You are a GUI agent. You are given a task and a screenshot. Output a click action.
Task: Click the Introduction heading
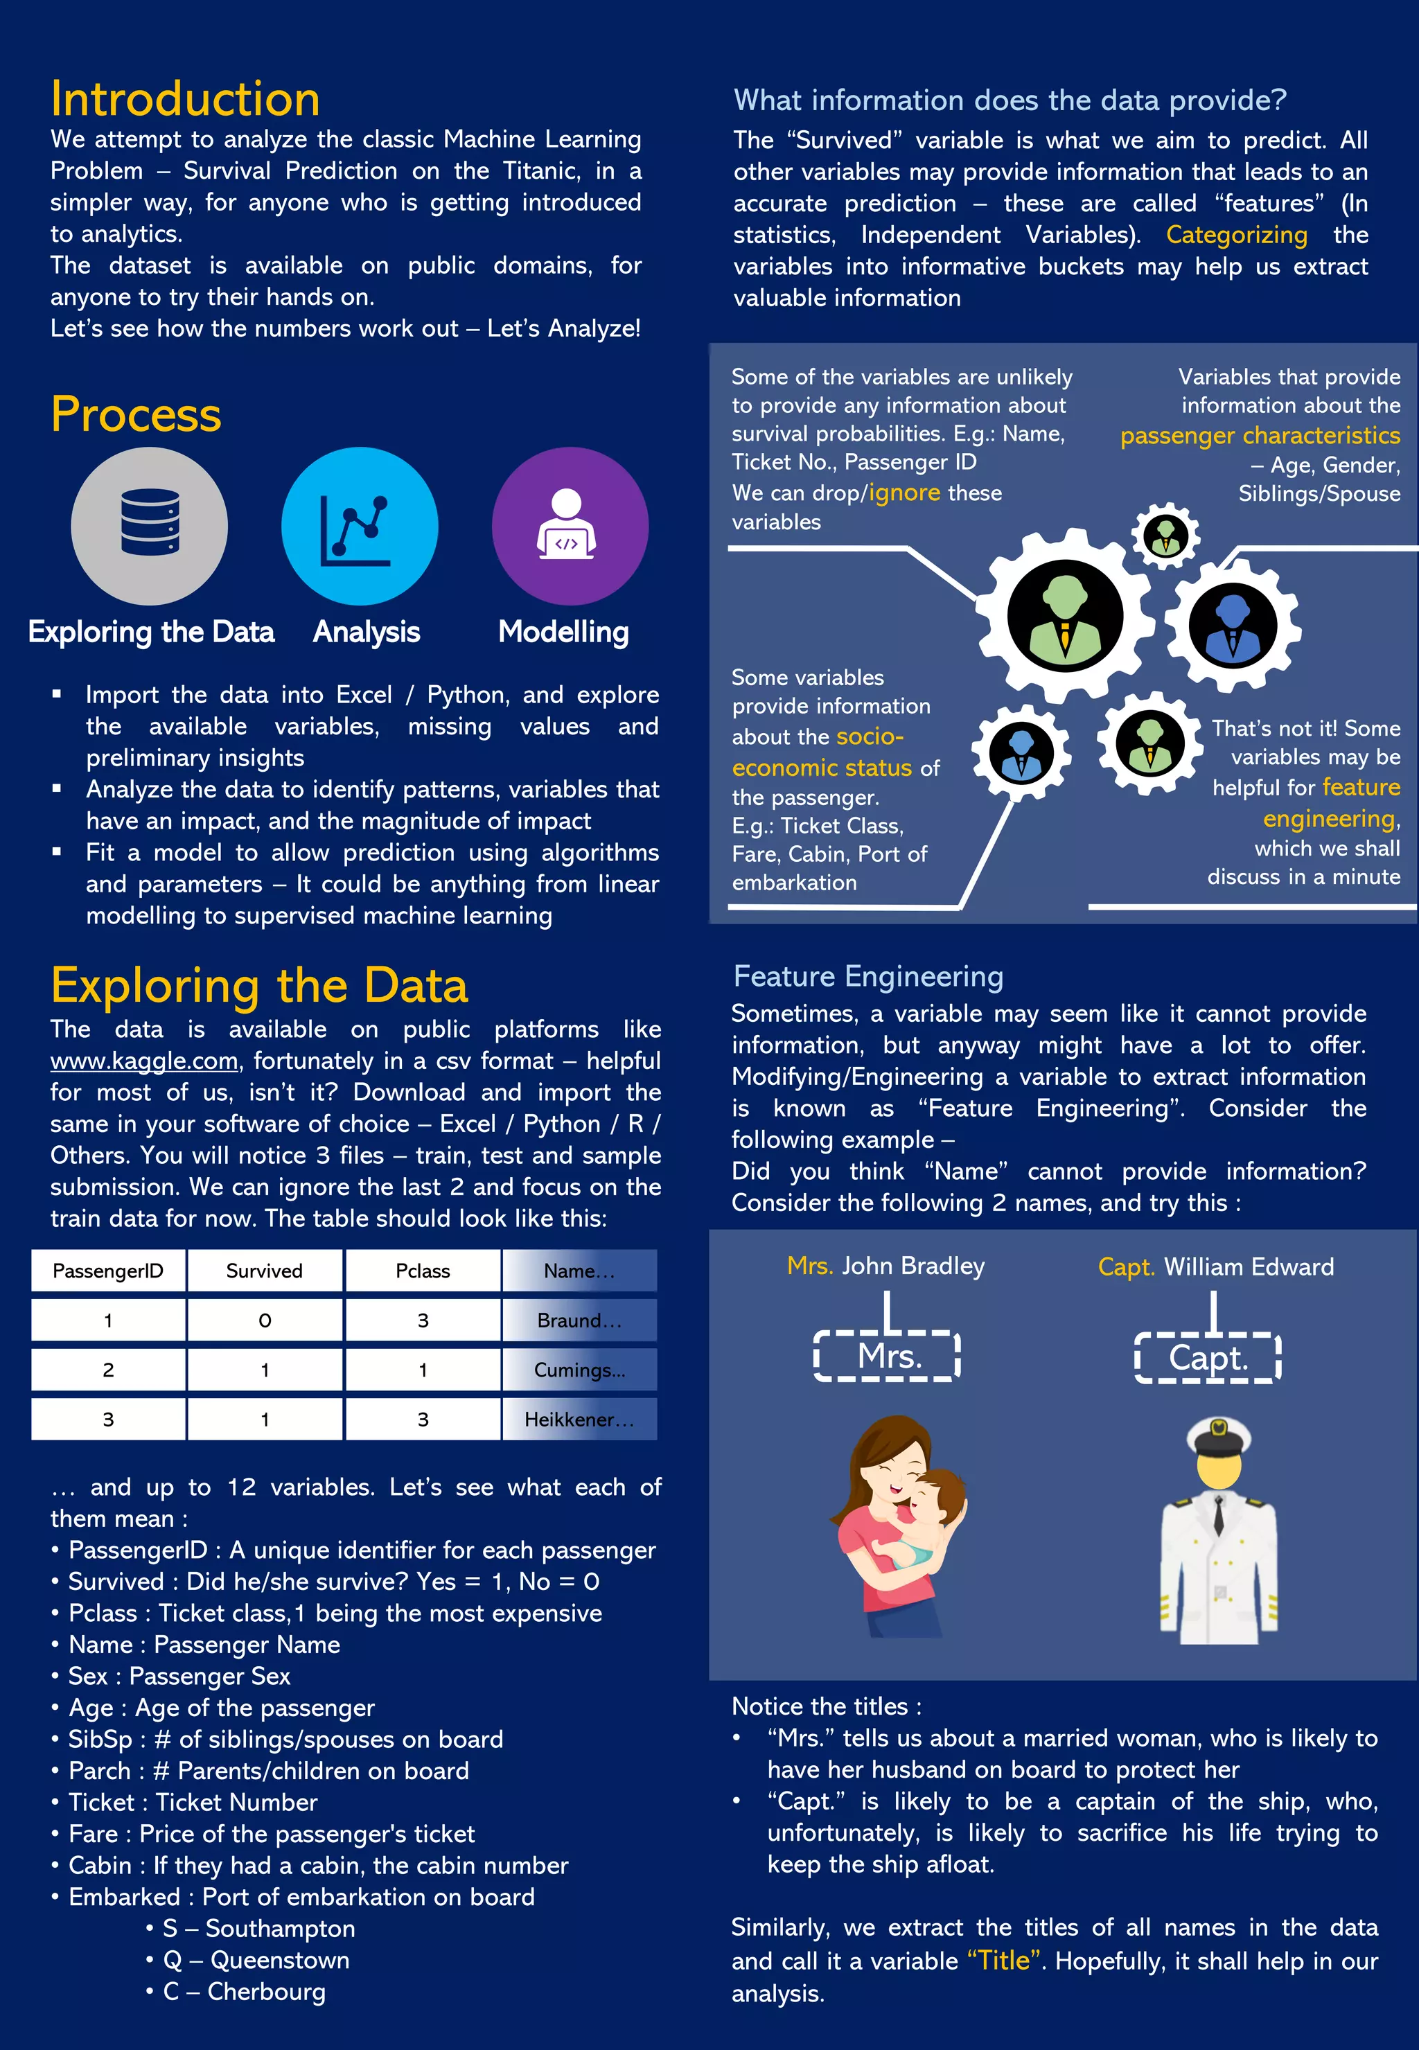[185, 98]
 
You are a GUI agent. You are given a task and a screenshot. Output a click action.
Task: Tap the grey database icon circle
[150, 527]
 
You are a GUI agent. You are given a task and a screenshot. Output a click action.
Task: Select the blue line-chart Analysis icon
[359, 527]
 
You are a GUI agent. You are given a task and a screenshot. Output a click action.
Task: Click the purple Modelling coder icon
[570, 527]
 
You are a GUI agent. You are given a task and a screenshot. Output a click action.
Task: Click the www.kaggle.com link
[144, 1061]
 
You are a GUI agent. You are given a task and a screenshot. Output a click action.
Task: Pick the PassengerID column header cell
[107, 1271]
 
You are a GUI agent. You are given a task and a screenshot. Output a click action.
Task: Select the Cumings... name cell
[580, 1370]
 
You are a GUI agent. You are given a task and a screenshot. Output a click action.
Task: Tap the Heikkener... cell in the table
[580, 1420]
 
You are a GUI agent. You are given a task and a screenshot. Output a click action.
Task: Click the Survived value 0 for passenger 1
[264, 1320]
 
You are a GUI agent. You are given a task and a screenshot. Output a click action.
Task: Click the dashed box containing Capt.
[1208, 1357]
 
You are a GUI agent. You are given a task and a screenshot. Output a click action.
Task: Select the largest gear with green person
[1064, 616]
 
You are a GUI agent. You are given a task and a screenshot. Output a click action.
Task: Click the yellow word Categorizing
[1236, 235]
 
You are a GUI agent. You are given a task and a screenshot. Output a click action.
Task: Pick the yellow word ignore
[904, 493]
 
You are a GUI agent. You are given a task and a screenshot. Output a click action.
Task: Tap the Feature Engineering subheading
[867, 976]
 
